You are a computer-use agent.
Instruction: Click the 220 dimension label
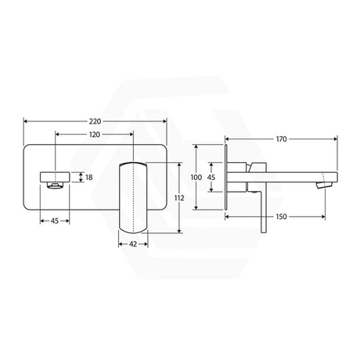95,121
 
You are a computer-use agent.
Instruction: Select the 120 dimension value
95,135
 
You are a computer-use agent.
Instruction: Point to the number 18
89,178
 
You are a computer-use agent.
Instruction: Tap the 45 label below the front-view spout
55,221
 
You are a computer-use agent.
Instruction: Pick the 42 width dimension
133,244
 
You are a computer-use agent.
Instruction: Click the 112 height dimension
179,198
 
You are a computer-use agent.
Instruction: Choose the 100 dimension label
196,178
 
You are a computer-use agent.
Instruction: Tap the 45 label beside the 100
211,178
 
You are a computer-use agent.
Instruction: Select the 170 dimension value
281,139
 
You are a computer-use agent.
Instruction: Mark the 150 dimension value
281,217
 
